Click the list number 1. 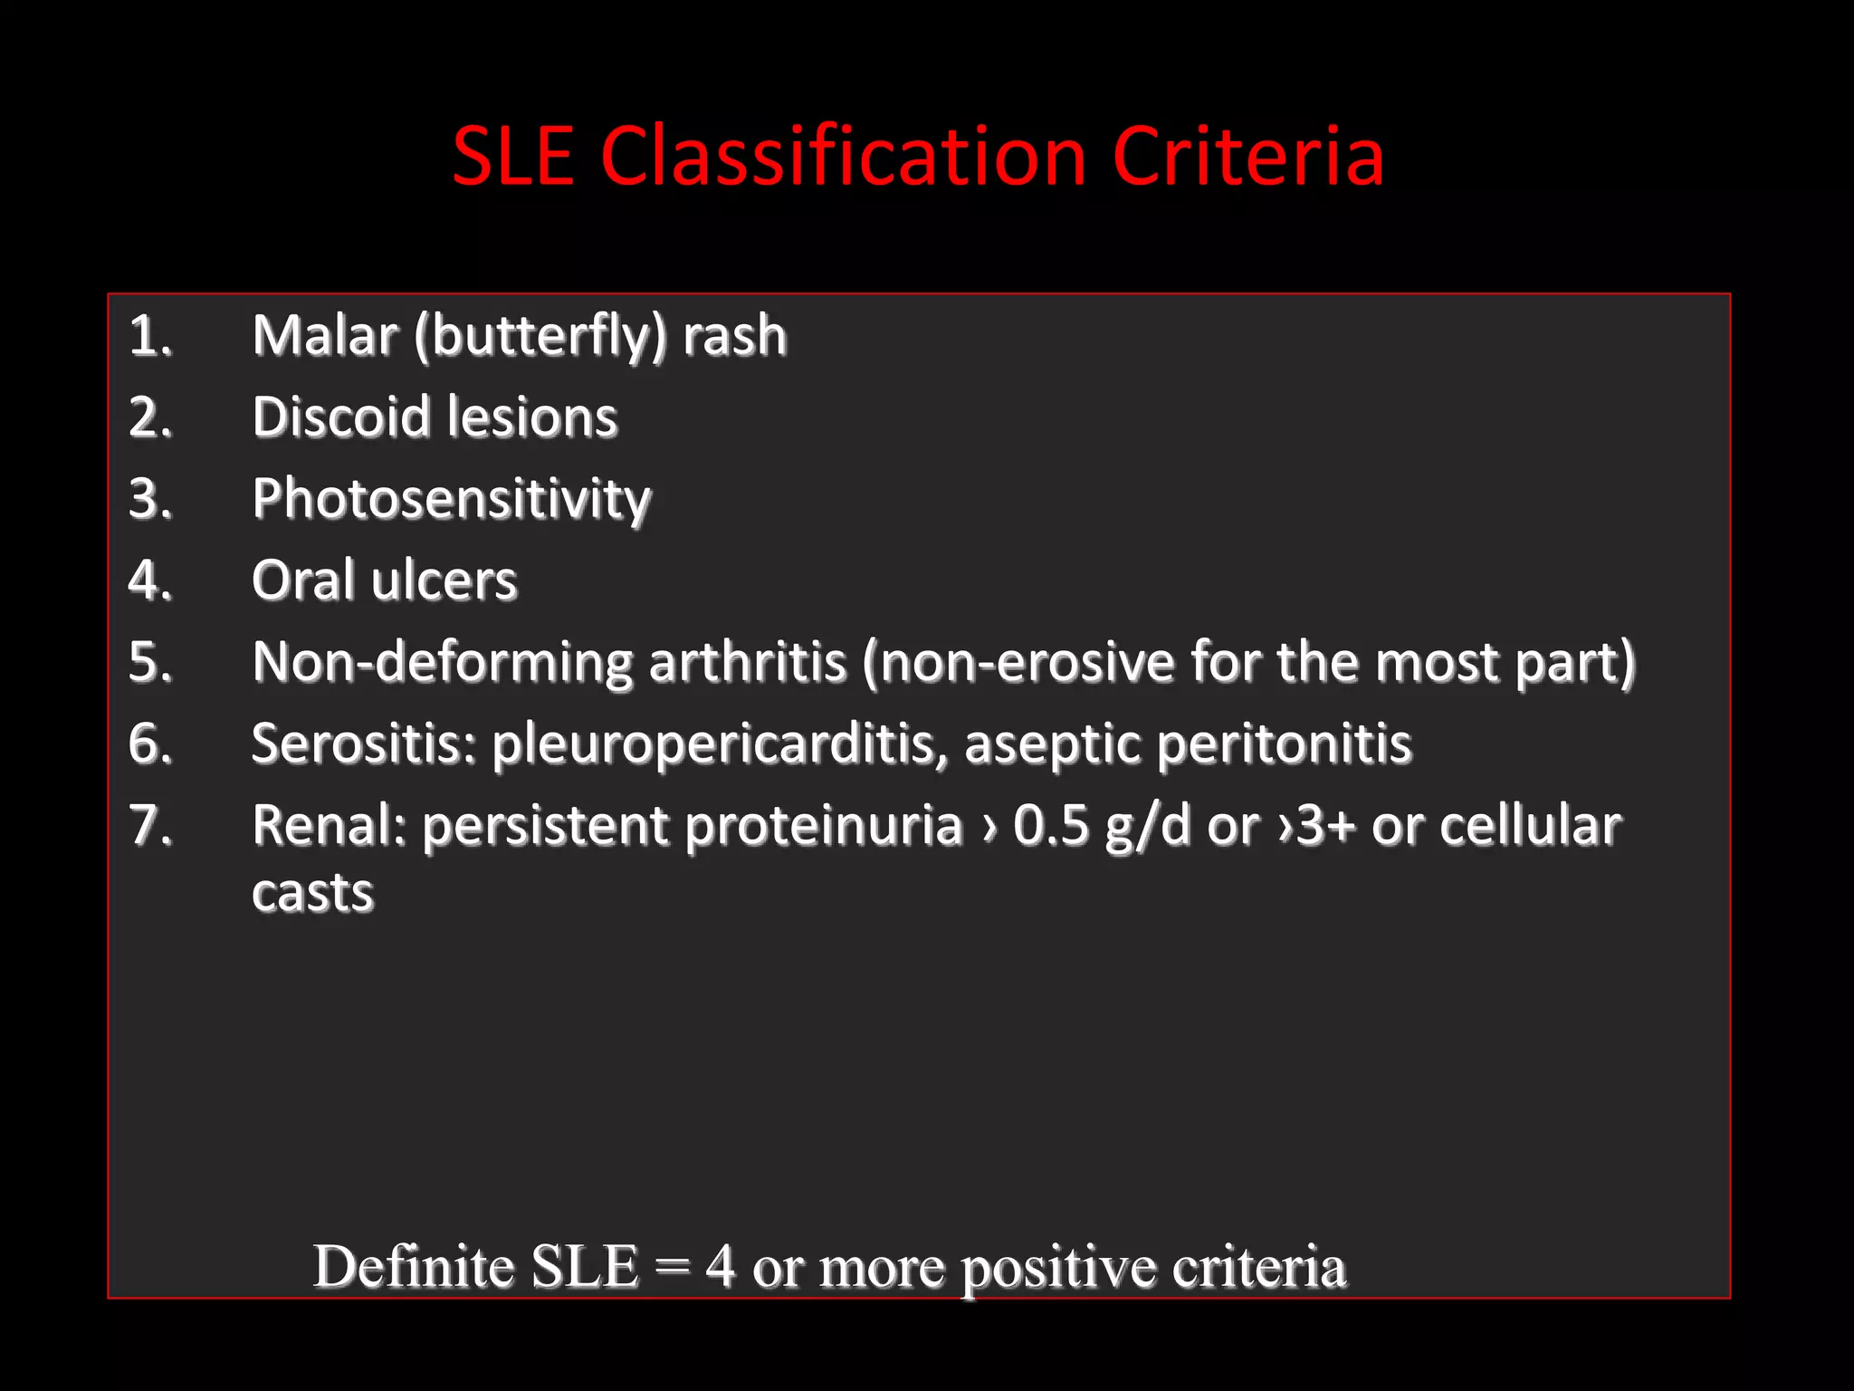coord(149,336)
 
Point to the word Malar coord(325,336)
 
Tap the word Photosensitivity coord(451,500)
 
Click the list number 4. coord(149,580)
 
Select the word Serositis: coord(364,743)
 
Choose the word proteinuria coord(824,826)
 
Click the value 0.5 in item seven coord(1050,826)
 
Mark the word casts coord(312,894)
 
